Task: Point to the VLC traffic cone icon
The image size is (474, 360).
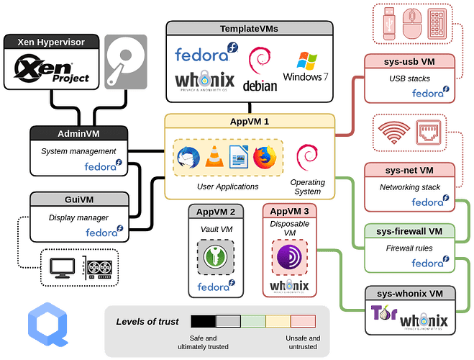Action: coord(214,156)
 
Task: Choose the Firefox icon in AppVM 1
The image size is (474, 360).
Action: coord(265,156)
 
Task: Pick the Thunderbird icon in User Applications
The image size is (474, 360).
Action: coord(188,156)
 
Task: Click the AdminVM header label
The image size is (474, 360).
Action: coord(78,134)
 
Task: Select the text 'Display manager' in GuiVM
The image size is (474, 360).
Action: coord(79,217)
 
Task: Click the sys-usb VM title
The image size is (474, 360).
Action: coord(409,61)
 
